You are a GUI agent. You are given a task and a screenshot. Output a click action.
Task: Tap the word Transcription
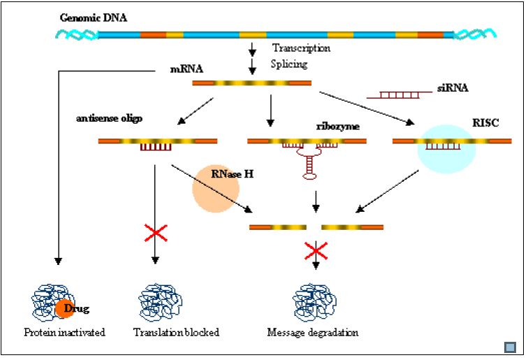301,48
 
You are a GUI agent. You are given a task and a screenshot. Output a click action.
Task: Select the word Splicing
288,64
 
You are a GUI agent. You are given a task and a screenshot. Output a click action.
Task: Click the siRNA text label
454,88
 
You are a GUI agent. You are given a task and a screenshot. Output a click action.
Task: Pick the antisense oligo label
109,118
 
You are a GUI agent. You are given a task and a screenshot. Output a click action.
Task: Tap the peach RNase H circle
216,188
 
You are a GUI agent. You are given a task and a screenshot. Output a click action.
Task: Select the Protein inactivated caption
65,333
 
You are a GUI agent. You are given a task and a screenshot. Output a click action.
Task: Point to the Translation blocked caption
176,333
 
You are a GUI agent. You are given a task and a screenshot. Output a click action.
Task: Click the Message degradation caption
313,333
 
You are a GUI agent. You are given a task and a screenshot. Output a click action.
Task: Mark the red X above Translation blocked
155,233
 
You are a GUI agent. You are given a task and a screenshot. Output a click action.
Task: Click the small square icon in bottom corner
511,346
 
